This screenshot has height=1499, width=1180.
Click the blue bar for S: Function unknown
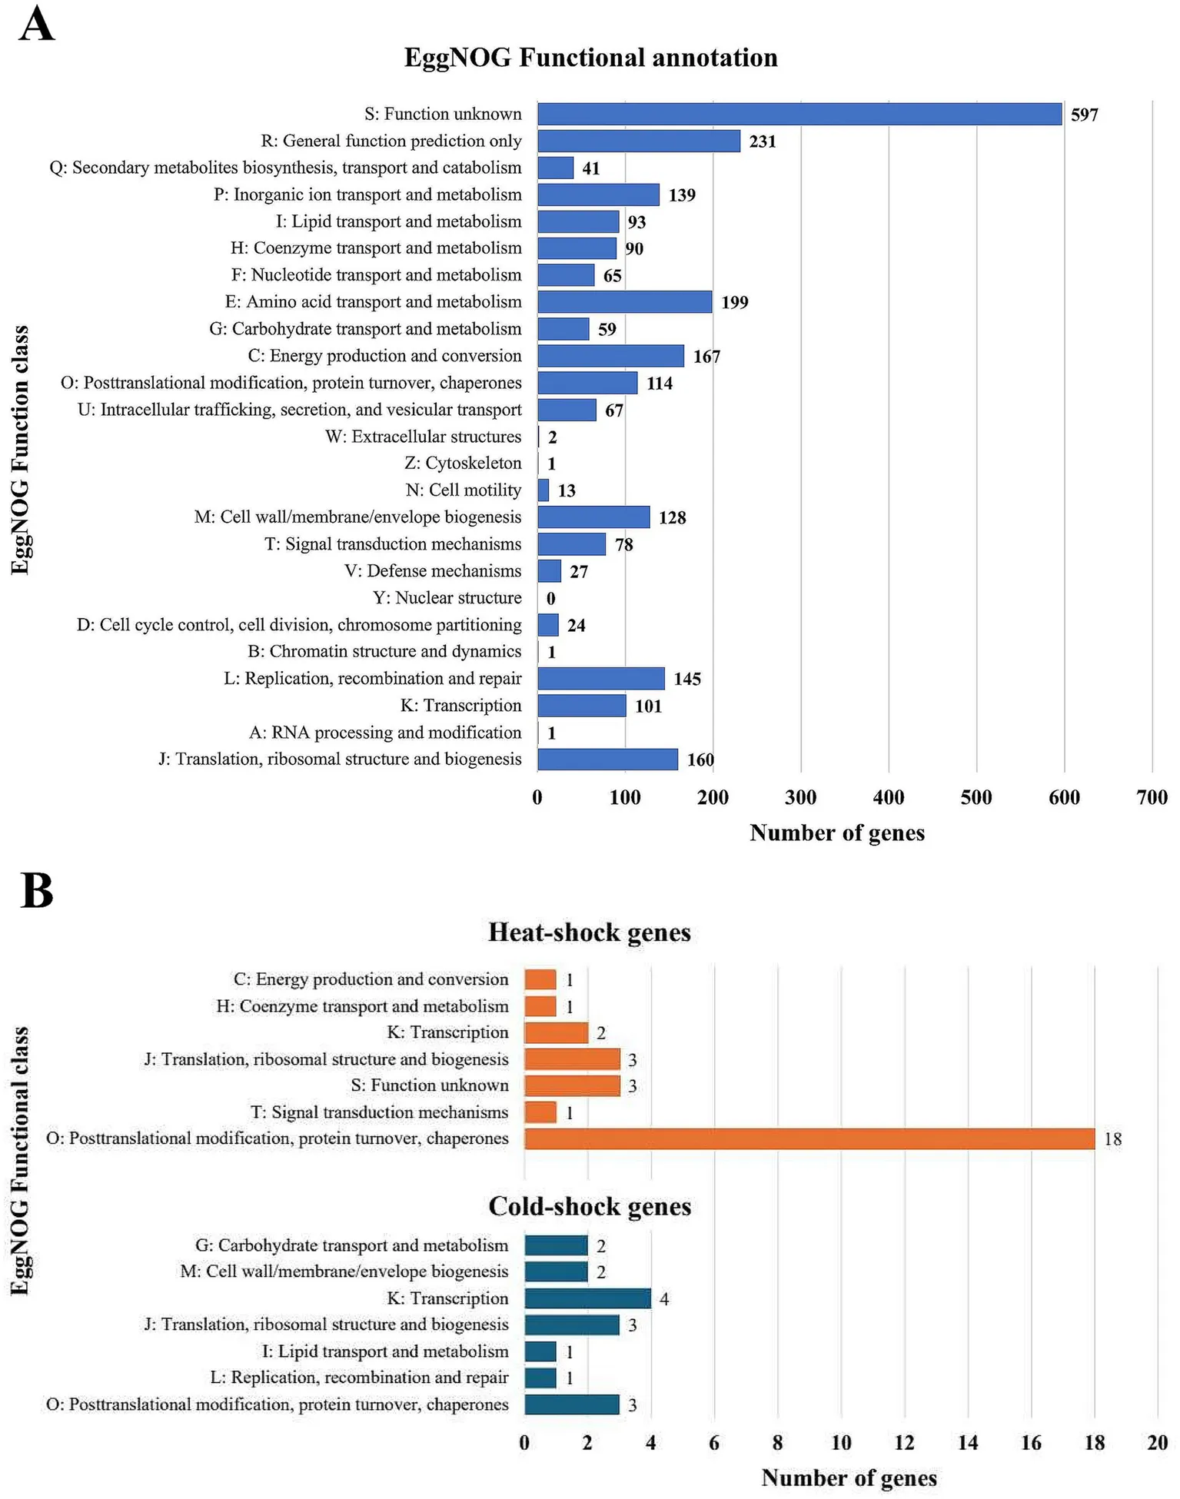[799, 115]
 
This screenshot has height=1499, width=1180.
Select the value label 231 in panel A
[763, 141]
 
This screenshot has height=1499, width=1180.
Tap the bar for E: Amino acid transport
[625, 302]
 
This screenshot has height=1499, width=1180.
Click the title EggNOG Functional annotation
[590, 58]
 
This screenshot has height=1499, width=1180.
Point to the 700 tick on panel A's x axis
[1152, 797]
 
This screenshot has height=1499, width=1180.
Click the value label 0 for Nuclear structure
[550, 599]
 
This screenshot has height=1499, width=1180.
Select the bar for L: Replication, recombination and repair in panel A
[601, 679]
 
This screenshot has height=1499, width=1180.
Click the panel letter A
[36, 25]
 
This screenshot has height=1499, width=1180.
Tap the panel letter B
[36, 891]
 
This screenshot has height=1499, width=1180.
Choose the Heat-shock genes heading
[590, 932]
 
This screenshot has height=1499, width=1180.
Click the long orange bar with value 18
[809, 1138]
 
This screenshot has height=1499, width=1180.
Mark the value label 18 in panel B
[1112, 1139]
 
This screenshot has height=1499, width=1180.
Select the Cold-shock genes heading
[590, 1207]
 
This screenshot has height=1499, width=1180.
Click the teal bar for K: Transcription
[587, 1298]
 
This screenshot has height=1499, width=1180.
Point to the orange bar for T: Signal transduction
[540, 1112]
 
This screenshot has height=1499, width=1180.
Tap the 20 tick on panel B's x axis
[1157, 1443]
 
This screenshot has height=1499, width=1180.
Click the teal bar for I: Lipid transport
[540, 1351]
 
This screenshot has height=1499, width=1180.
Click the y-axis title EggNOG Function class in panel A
[21, 450]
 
